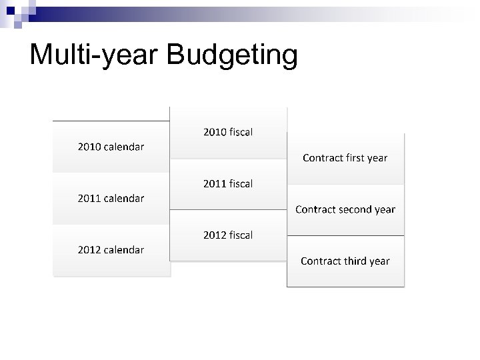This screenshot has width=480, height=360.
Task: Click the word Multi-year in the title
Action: [95, 55]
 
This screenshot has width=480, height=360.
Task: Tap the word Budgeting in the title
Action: [233, 55]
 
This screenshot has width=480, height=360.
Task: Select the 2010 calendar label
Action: [111, 147]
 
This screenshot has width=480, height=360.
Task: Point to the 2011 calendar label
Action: [111, 198]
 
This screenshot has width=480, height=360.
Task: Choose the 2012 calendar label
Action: [111, 250]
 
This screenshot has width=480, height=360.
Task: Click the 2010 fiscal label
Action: [228, 132]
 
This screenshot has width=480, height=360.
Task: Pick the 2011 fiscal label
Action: [228, 183]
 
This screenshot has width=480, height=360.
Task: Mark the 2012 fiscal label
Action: [228, 235]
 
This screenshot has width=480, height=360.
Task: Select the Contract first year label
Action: [345, 158]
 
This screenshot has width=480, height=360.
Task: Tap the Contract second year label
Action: [345, 209]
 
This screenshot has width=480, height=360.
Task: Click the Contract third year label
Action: [345, 261]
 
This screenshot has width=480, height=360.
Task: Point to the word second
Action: [355, 209]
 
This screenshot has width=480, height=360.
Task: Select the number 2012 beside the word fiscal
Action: [214, 235]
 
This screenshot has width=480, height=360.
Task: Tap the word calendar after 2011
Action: [123, 198]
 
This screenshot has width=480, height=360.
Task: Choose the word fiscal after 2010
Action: [241, 132]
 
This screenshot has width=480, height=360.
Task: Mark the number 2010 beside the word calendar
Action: [89, 147]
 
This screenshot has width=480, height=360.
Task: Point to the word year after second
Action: [385, 210]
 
